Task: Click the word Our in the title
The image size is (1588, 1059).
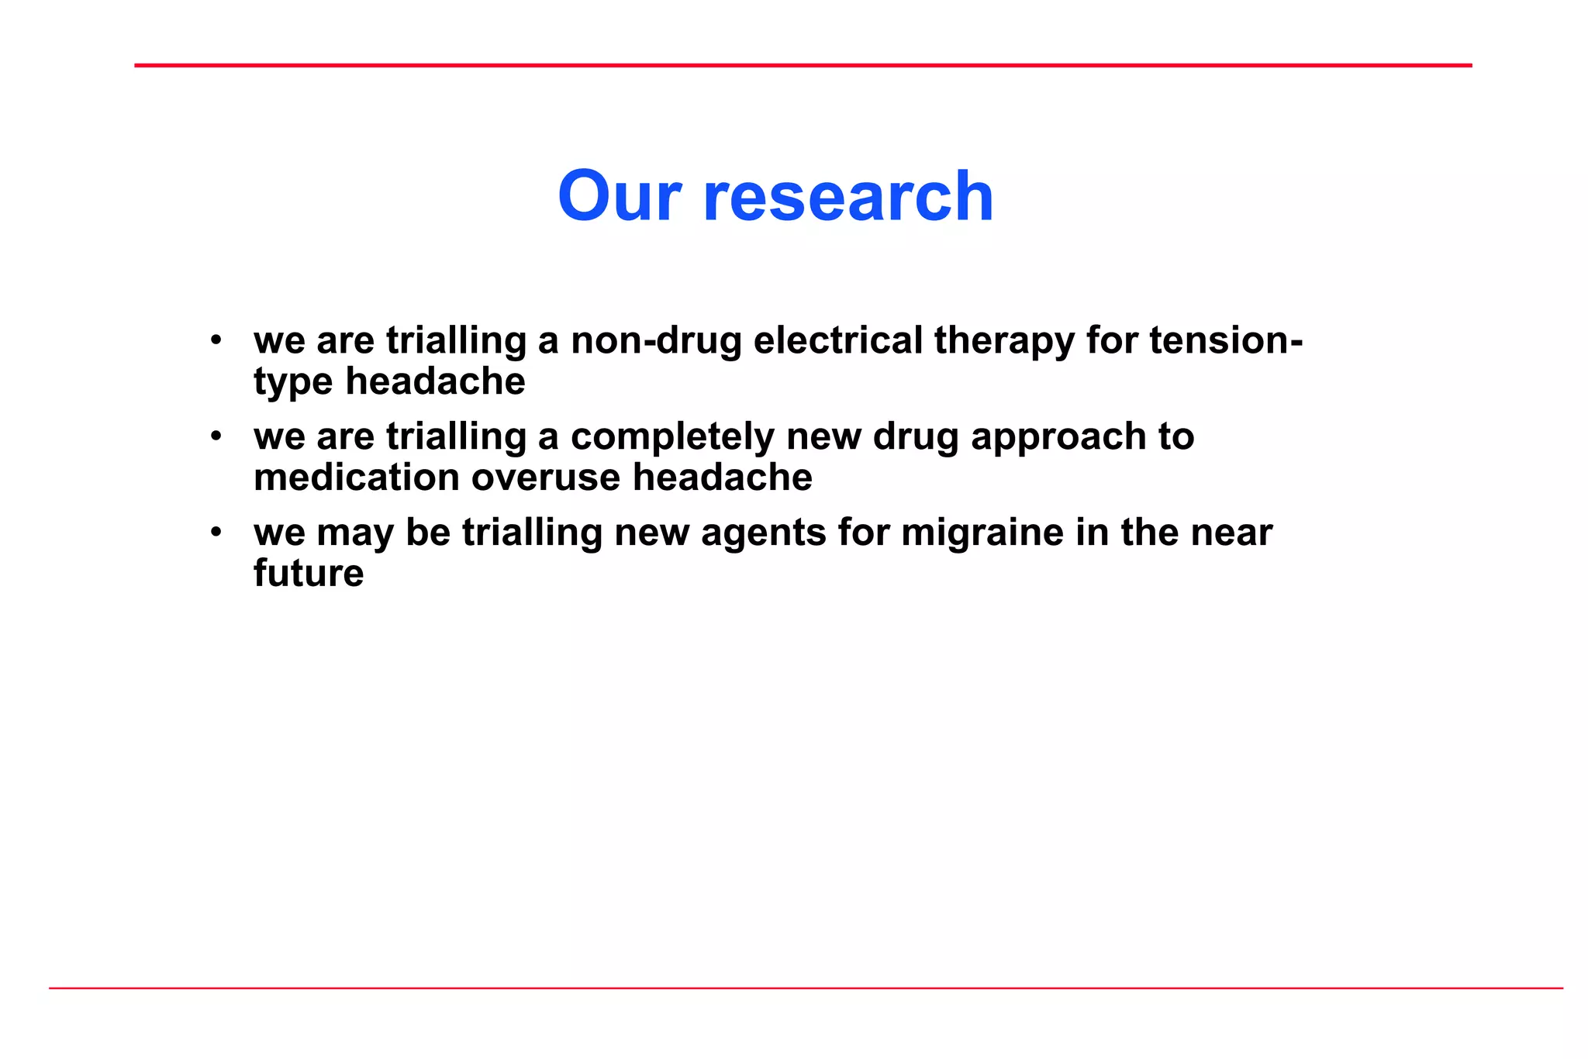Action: (x=619, y=197)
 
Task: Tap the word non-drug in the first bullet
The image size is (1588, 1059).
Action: (x=656, y=341)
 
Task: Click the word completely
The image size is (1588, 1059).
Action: (x=671, y=437)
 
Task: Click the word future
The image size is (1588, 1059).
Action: (x=309, y=574)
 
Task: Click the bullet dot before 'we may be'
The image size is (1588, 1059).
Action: (x=216, y=533)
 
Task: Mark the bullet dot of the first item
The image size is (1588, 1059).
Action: (x=216, y=340)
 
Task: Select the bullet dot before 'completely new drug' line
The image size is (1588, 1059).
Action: (x=216, y=436)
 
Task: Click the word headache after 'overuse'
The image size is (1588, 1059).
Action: (x=722, y=478)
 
